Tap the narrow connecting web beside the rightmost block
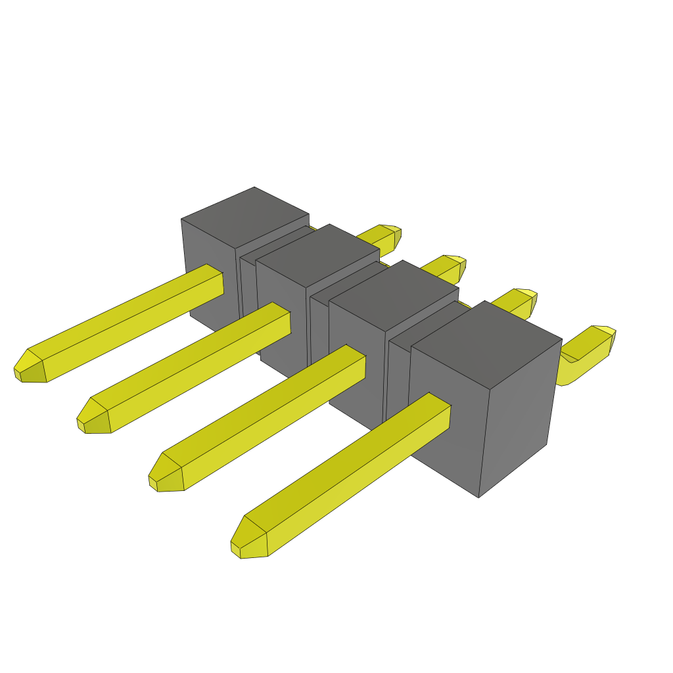tap(398, 375)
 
